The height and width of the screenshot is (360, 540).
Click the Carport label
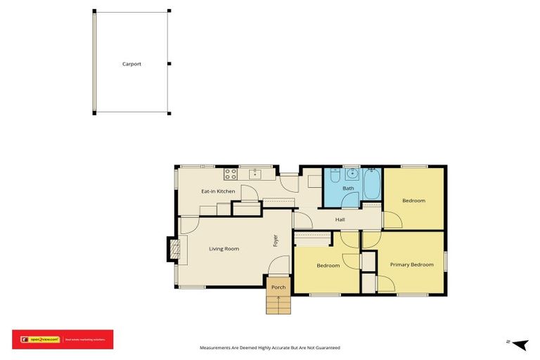point(131,64)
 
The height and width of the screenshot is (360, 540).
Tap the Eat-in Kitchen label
point(218,191)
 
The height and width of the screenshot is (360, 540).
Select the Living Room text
point(224,249)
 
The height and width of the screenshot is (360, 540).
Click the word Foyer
point(276,240)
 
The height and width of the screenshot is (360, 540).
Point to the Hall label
point(340,220)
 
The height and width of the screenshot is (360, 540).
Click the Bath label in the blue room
point(348,188)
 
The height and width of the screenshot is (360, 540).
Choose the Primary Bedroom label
point(411,264)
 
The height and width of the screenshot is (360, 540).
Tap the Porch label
point(278,287)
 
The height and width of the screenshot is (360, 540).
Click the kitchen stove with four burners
point(231,174)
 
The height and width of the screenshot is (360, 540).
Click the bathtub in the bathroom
point(371,185)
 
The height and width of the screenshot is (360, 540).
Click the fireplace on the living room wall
point(172,248)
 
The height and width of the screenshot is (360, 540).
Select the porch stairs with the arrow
point(278,304)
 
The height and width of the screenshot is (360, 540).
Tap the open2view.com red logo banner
point(63,339)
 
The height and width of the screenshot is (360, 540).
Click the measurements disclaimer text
point(269,347)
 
